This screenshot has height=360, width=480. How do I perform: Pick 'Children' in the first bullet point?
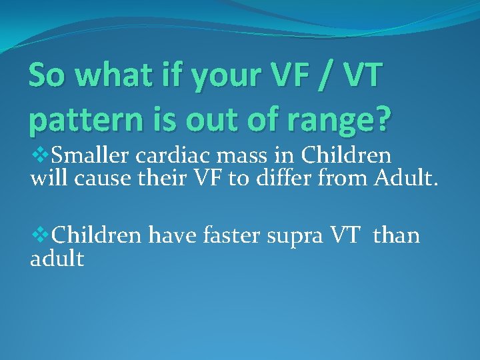click(x=346, y=156)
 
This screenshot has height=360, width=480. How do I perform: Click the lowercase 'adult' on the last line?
click(x=57, y=259)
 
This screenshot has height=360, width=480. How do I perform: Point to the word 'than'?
click(x=397, y=235)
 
